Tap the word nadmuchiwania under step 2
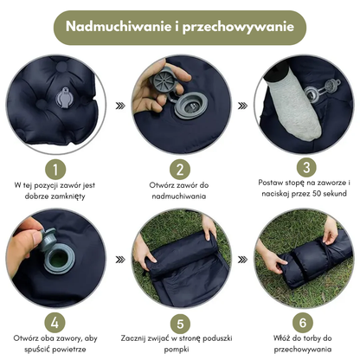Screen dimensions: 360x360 (180, 196)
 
